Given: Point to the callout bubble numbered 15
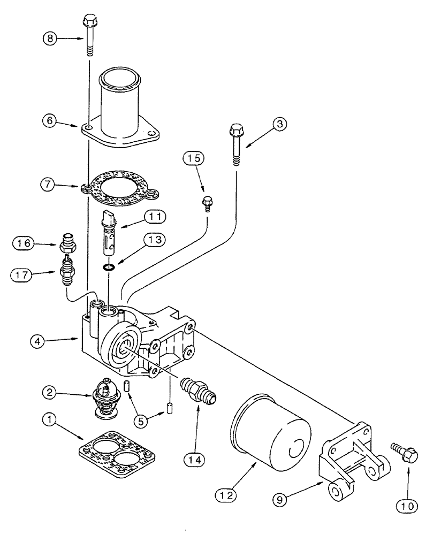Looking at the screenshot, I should click(x=195, y=158).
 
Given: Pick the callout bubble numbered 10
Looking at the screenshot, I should click(x=407, y=504).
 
